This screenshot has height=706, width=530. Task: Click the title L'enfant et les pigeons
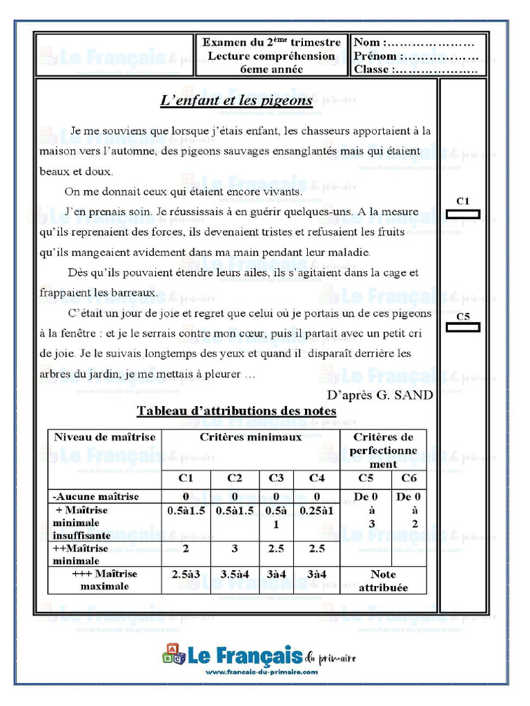pyautogui.click(x=237, y=101)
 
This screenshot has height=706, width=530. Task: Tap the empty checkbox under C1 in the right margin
pyautogui.click(x=462, y=214)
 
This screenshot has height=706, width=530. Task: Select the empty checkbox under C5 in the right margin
pyautogui.click(x=462, y=327)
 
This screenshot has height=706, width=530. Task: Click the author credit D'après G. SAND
pyautogui.click(x=380, y=395)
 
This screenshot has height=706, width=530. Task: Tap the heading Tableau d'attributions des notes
pyautogui.click(x=237, y=411)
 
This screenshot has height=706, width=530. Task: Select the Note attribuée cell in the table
pyautogui.click(x=383, y=581)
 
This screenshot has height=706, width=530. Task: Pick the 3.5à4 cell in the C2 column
pyautogui.click(x=235, y=574)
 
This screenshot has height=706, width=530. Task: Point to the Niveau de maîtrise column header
pyautogui.click(x=105, y=437)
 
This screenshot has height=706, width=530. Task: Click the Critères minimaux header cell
pyautogui.click(x=251, y=437)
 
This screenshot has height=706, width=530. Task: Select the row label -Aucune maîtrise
pyautogui.click(x=96, y=496)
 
